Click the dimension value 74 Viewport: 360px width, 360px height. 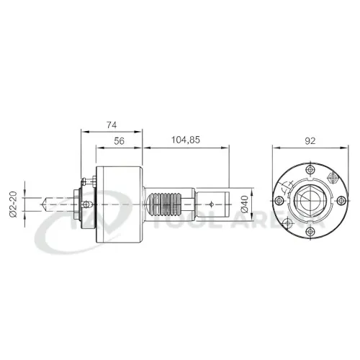pos(110,125)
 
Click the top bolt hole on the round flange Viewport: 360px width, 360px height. pos(309,171)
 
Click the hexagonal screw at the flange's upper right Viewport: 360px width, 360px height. pos(332,176)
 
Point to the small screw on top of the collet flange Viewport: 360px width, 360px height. pos(86,181)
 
